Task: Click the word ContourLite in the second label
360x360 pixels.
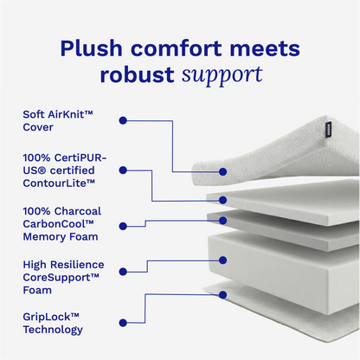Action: point(61,183)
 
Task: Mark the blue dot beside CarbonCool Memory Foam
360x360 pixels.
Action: point(122,225)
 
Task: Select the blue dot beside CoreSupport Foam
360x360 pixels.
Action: point(122,274)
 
